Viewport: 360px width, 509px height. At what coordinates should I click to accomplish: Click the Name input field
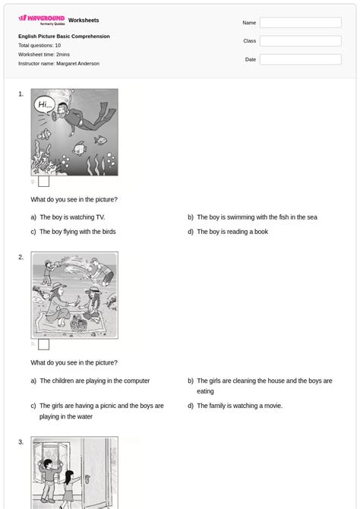click(300, 23)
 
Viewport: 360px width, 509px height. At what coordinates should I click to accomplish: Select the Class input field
click(300, 41)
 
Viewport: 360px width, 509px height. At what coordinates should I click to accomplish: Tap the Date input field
click(300, 59)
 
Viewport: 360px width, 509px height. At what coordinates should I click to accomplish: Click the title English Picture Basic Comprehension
click(64, 36)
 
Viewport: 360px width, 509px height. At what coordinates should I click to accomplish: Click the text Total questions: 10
click(39, 46)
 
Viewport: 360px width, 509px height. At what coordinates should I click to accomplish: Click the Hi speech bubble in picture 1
click(46, 106)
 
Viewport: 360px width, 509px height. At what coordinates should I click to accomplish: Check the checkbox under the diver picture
click(44, 181)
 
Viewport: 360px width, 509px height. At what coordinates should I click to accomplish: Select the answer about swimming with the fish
click(257, 217)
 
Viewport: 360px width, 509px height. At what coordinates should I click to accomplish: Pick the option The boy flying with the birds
click(77, 232)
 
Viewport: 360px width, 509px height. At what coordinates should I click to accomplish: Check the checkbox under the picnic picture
click(44, 344)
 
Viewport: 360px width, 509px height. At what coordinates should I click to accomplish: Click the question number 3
click(21, 442)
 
